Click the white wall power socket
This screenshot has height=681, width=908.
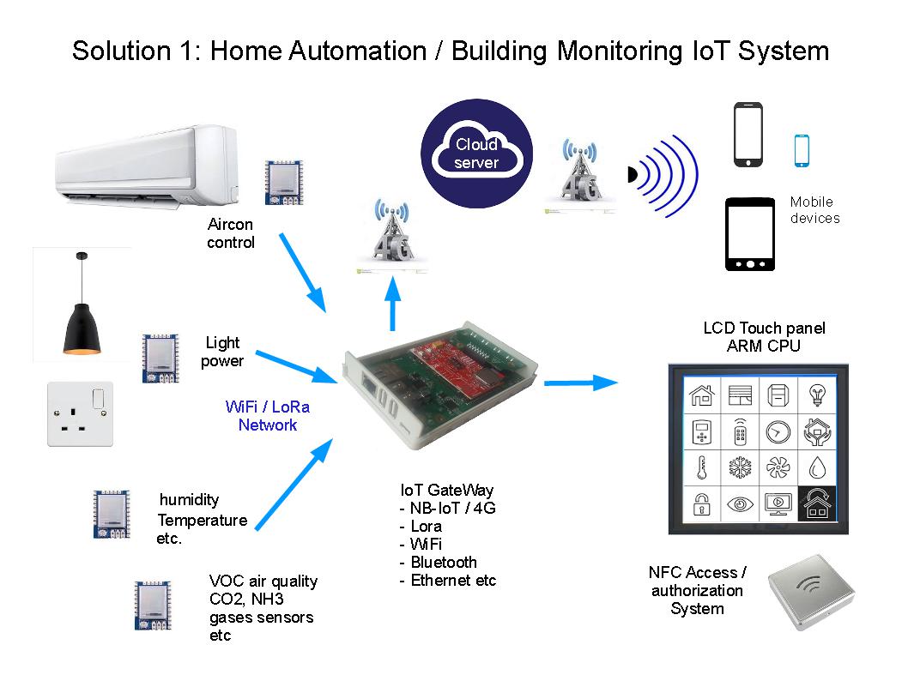tap(79, 414)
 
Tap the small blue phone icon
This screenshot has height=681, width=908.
tap(802, 151)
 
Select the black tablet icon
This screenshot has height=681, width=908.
tap(750, 234)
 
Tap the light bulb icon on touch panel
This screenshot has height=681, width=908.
tap(816, 395)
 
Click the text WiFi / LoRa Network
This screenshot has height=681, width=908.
tap(267, 416)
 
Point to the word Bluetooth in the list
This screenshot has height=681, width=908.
tap(443, 563)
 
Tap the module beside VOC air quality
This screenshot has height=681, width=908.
tap(153, 606)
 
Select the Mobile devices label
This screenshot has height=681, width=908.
tap(814, 210)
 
